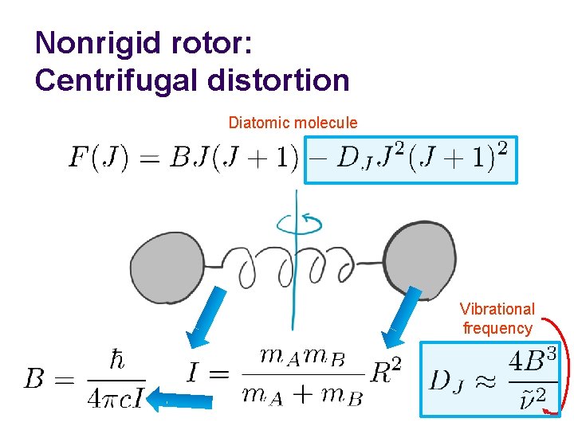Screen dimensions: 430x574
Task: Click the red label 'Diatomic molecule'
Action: coord(293,123)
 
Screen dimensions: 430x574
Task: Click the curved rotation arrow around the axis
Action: coord(299,225)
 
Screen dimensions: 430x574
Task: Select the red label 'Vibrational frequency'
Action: coord(498,319)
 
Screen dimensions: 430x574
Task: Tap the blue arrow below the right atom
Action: coord(403,315)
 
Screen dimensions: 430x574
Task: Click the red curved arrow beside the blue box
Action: coord(563,366)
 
